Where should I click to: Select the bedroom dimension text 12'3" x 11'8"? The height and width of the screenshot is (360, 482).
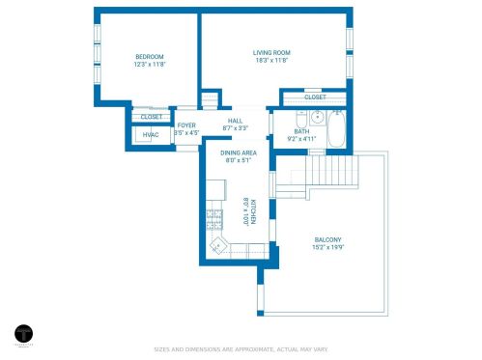tap(150, 65)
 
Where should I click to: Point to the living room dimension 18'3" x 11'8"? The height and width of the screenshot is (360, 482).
tap(271, 61)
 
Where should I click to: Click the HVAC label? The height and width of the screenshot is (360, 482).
tap(151, 135)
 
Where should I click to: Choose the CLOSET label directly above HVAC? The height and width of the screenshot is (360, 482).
tap(152, 117)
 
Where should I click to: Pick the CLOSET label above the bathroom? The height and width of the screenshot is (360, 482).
tap(315, 97)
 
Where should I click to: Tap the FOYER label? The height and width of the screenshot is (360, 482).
tap(186, 125)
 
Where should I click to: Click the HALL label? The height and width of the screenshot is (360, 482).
tap(235, 120)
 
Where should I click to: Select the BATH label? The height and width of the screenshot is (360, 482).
tap(301, 131)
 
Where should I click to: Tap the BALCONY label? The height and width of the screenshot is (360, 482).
tap(327, 240)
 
